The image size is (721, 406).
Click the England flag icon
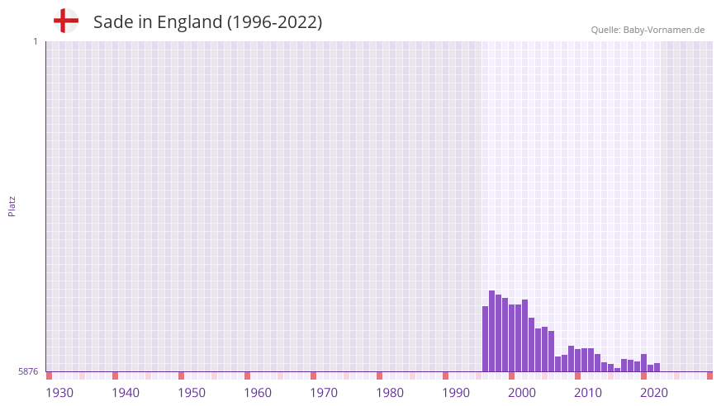coord(66,21)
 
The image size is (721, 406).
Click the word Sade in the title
coord(112,22)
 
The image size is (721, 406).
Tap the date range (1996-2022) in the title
coord(275,22)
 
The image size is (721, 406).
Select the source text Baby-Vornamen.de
coord(664,30)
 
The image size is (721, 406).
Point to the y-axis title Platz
coord(12,206)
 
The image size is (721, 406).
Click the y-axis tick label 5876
coord(28,372)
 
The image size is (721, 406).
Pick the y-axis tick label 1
coord(35,41)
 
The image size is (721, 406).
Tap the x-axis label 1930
coord(59,392)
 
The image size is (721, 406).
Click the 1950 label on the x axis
coord(192,392)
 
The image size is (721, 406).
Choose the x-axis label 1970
coord(324,392)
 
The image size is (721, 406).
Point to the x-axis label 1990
coord(456,392)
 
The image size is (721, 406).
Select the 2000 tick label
coord(522,392)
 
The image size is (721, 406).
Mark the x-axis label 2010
coord(588,392)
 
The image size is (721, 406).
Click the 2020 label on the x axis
coord(654,392)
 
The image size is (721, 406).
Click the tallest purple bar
coord(492,331)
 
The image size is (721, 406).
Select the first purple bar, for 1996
coord(486,339)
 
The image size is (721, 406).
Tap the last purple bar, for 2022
coord(657,367)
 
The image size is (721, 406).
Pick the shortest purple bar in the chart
coord(618,370)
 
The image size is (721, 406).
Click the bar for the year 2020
coord(644,363)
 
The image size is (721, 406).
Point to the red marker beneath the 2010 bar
coord(578,375)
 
